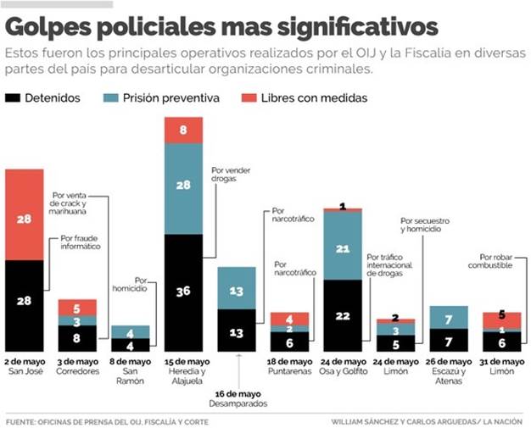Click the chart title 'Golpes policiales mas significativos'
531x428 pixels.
(x=222, y=26)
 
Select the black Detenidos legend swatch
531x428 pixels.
(x=14, y=98)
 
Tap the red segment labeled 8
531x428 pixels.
(x=183, y=131)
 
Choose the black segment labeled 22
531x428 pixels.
(x=343, y=315)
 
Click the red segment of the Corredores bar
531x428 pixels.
(x=77, y=308)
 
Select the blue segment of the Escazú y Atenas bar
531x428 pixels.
(x=450, y=317)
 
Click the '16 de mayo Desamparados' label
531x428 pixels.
(x=238, y=397)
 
